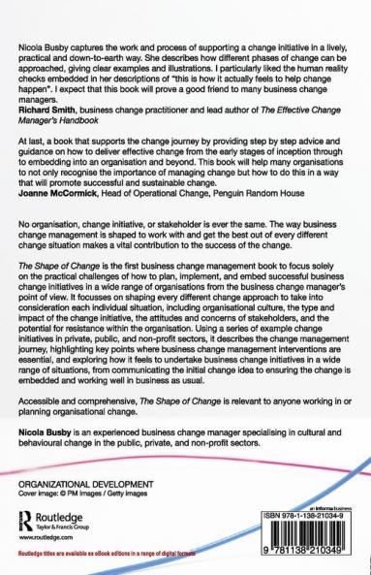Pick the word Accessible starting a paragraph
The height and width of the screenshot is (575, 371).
pyautogui.click(x=44, y=407)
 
